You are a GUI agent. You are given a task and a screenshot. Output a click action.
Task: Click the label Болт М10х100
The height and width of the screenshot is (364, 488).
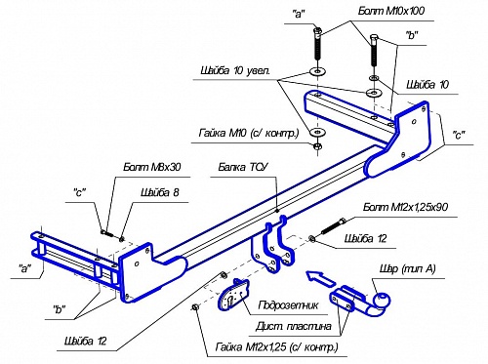tap(391, 11)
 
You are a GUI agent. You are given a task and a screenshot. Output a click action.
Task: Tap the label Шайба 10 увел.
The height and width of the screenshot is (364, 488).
tap(235, 70)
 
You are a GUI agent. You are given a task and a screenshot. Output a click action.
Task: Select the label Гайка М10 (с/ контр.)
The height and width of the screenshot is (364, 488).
tap(249, 133)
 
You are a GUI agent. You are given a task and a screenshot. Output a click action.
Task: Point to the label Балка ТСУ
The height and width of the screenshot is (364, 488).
tap(242, 167)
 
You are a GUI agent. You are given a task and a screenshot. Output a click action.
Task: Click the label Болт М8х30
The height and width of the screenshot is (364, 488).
tap(152, 167)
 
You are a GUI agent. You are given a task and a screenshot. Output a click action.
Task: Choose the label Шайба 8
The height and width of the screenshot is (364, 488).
tap(160, 192)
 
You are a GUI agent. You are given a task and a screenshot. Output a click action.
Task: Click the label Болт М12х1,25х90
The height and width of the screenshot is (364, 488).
tap(405, 207)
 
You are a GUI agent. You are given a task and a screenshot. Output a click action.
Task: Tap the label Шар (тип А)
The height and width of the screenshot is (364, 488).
tap(407, 268)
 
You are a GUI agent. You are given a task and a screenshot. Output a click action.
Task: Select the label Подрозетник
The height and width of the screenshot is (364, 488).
tap(288, 305)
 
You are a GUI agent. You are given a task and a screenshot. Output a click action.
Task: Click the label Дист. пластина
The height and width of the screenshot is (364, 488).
tap(294, 326)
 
